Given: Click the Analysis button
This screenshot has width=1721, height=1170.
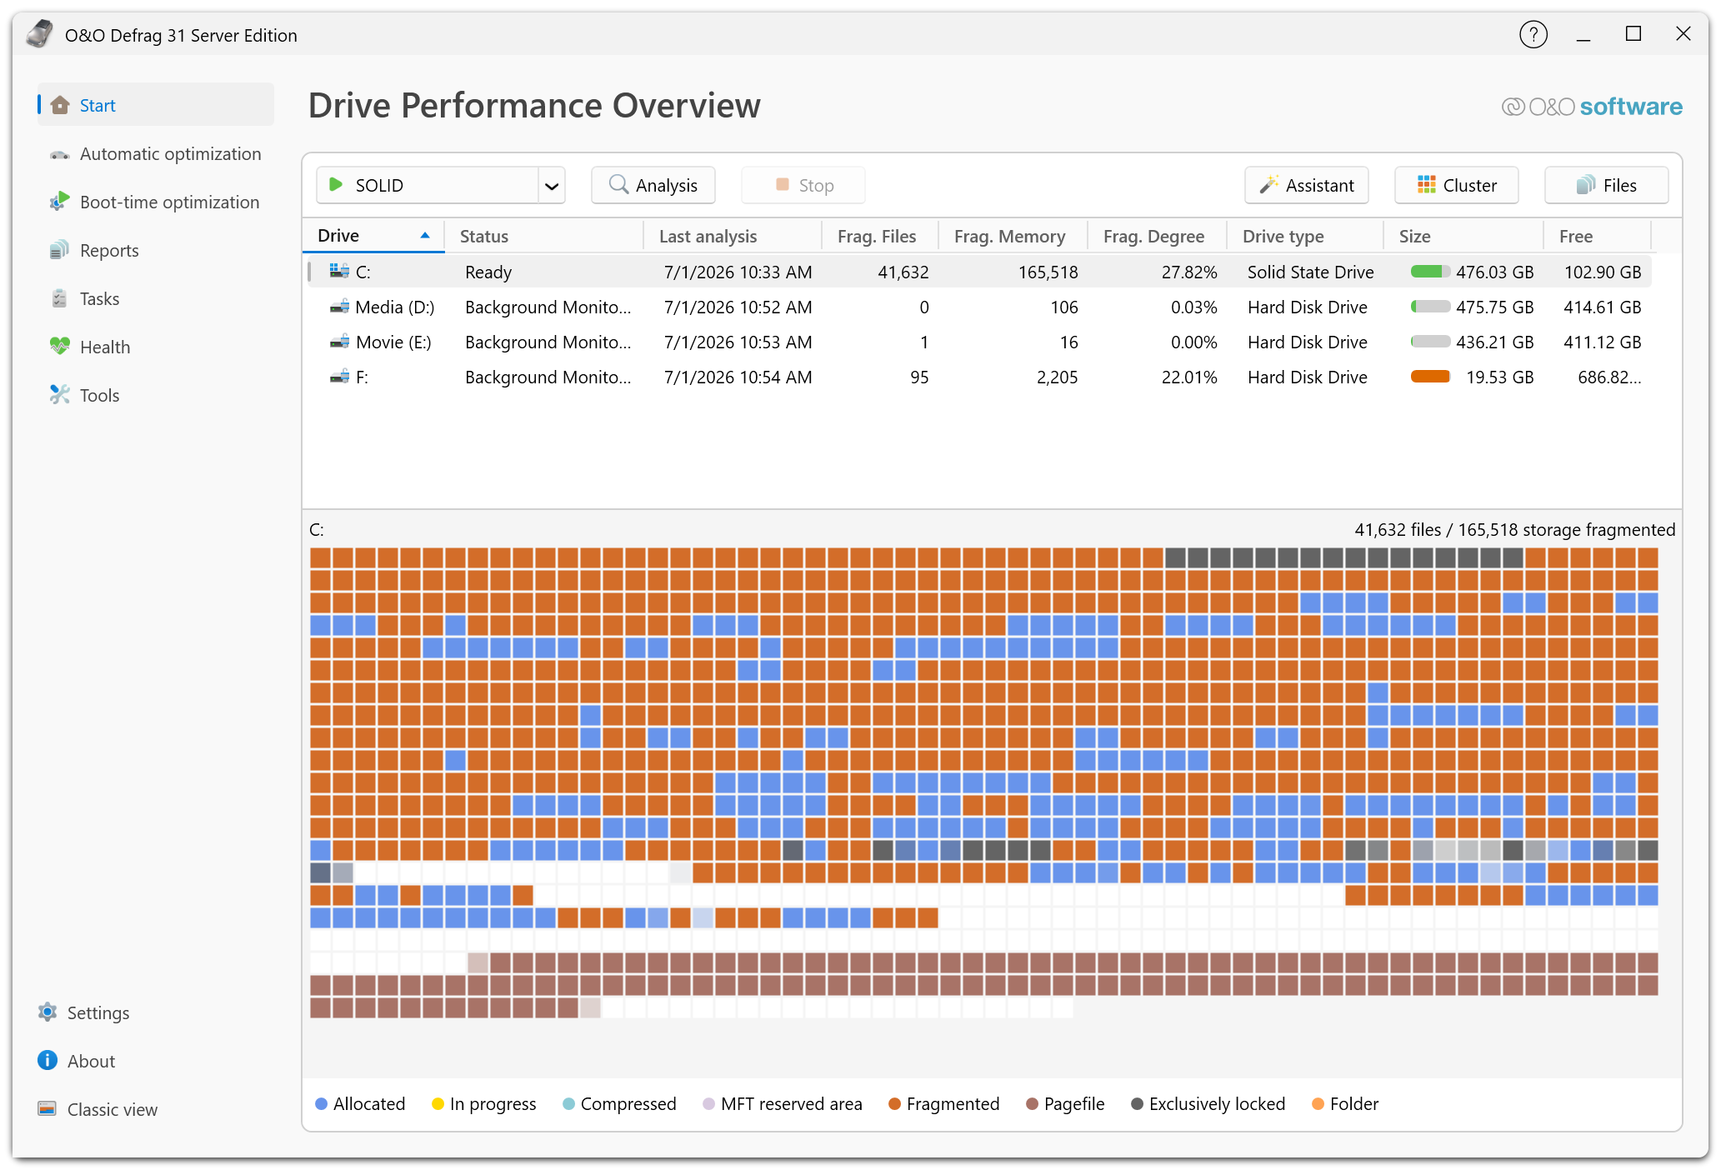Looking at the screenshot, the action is tap(653, 185).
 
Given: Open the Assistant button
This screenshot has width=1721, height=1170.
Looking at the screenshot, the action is tap(1307, 185).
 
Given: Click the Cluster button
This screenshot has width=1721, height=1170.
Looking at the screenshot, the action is tap(1457, 185).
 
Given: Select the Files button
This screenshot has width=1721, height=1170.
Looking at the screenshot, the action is tap(1607, 185).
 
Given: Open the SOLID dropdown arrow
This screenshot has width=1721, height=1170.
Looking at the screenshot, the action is tap(552, 186).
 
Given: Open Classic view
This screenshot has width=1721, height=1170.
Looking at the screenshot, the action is tap(98, 1109).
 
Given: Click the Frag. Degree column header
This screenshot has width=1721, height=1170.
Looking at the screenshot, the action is tap(1153, 237).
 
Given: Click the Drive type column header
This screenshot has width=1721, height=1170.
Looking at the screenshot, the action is tap(1283, 237).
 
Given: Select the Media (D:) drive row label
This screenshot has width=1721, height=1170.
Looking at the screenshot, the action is tap(394, 307).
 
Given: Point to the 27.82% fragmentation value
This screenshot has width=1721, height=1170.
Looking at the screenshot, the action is tap(1189, 272).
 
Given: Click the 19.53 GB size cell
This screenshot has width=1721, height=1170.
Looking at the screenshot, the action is tap(1499, 377).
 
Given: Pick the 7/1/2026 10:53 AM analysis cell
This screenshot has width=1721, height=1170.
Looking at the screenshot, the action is tap(738, 342).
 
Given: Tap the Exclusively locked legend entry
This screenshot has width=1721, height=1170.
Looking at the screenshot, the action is tap(1208, 1104).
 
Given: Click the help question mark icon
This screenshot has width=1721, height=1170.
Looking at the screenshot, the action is tap(1533, 34).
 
